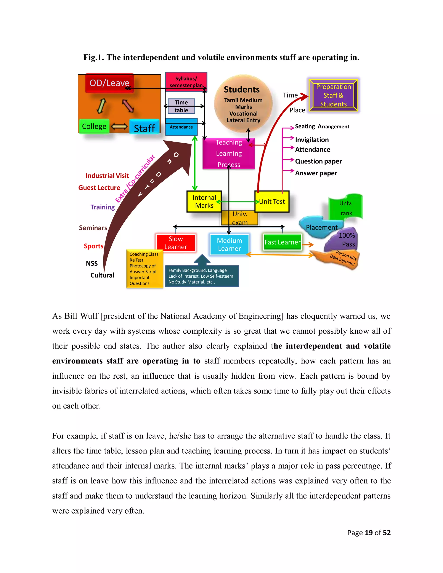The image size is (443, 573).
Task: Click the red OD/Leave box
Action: coord(109,83)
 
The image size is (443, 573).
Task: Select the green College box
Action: coord(94,126)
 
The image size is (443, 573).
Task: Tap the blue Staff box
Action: coord(144,128)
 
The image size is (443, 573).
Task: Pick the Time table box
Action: coord(181,106)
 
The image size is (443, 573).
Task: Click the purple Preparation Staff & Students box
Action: coord(333,95)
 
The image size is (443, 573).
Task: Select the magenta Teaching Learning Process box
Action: coord(229,154)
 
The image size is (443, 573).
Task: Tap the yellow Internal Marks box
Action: coord(204,202)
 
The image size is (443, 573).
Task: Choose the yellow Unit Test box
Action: coord(272,202)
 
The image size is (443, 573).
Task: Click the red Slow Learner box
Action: coord(176,243)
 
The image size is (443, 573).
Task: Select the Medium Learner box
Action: coord(229,245)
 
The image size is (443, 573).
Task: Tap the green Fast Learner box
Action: coord(282,242)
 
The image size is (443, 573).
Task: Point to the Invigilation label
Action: coord(312,140)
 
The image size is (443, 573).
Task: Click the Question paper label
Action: coord(318,161)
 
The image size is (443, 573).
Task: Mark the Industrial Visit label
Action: coord(107,176)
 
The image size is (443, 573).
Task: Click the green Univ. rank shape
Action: coord(346,208)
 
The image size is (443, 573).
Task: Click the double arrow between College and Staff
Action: coord(119,126)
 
